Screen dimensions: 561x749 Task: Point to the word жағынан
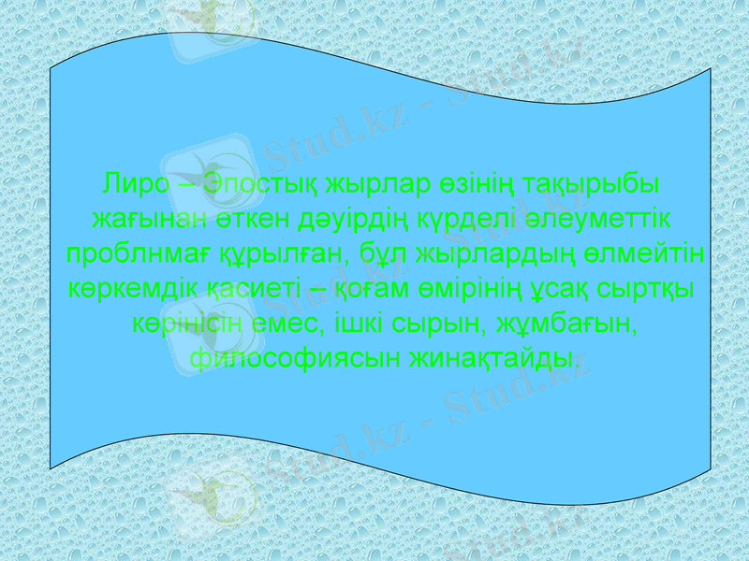[139, 218]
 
